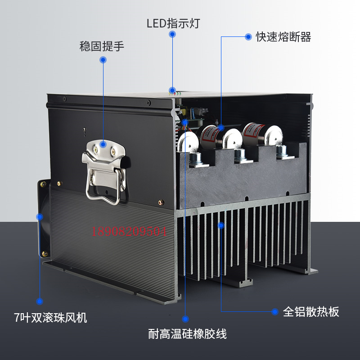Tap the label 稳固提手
click(102, 46)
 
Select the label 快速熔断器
click(283, 37)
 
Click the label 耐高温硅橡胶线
click(187, 334)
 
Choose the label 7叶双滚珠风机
click(50, 318)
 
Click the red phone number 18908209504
click(130, 232)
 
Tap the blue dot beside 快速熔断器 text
click(248, 37)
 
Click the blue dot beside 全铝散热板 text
click(274, 311)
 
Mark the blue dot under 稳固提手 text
click(103, 60)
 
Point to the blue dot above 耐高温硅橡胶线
click(185, 317)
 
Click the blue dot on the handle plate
click(103, 144)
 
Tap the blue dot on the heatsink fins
click(220, 225)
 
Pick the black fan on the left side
click(42, 219)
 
